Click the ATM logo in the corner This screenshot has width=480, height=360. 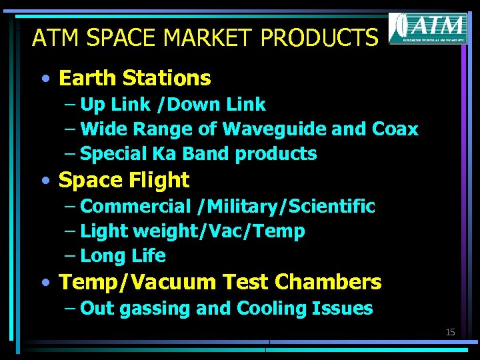pos(427,28)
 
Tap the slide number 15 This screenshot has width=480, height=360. pos(450,332)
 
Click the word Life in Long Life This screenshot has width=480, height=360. pos(149,256)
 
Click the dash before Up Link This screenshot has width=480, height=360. pos(70,105)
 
